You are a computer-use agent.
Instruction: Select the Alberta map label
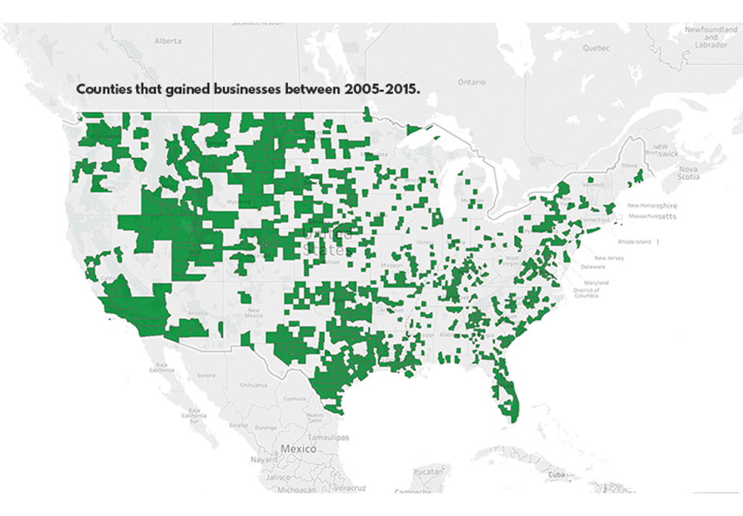coord(167,40)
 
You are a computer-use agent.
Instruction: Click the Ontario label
coord(471,81)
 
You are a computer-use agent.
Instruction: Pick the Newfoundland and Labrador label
coord(710,36)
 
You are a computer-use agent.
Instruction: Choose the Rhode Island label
coord(635,242)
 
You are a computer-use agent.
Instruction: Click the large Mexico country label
coord(299,449)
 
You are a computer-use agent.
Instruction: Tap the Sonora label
coord(205,375)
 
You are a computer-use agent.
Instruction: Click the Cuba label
coord(556,474)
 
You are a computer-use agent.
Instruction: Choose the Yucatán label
coord(427,470)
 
